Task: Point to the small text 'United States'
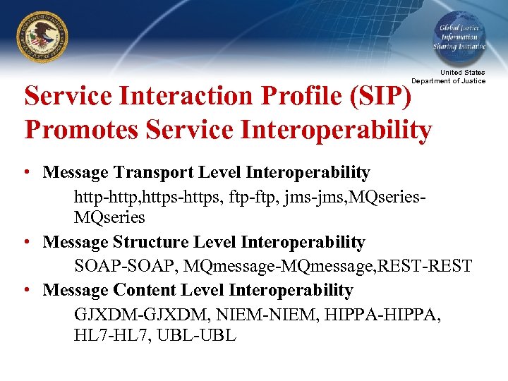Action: point(463,73)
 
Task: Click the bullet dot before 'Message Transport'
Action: point(25,173)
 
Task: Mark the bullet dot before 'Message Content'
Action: point(25,291)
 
